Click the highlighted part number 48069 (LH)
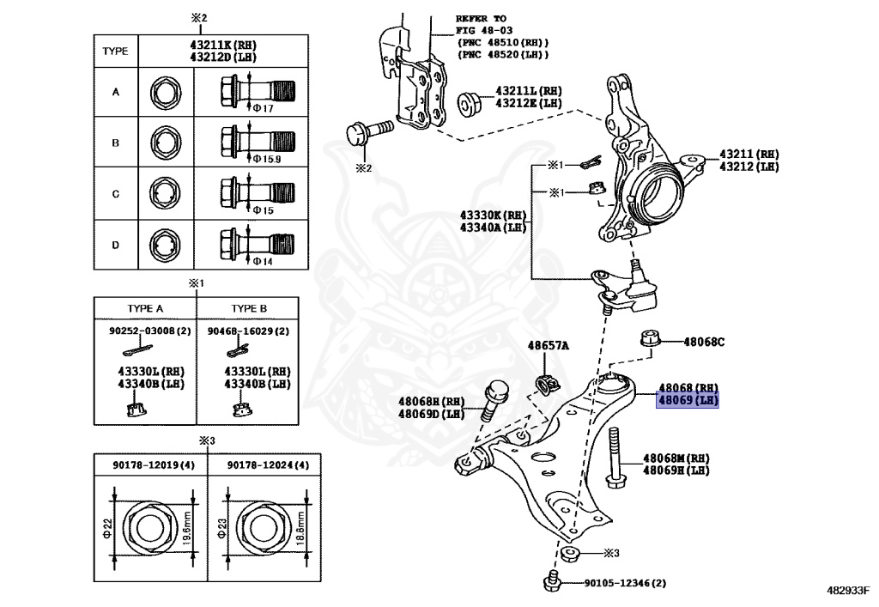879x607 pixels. coord(687,401)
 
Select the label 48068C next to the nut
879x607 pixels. coord(704,342)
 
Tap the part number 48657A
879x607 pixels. coord(548,346)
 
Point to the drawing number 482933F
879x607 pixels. coord(847,591)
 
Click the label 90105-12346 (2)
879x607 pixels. coord(624,583)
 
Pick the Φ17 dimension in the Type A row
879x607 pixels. coord(263,108)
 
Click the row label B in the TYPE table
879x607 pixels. coord(115,143)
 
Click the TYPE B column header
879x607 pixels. coord(249,307)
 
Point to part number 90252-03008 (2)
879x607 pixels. coord(144,330)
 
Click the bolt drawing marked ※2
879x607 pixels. coord(367,133)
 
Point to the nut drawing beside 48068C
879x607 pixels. coord(650,337)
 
